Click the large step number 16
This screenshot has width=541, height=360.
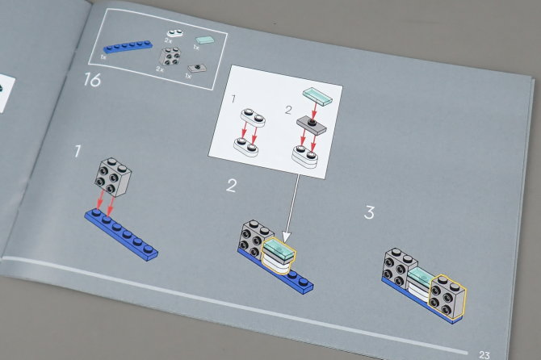[92, 80]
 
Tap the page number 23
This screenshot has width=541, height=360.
[484, 355]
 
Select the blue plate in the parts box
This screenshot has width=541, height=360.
[128, 47]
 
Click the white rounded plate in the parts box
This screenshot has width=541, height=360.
[175, 33]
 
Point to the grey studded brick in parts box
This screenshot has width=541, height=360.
[170, 57]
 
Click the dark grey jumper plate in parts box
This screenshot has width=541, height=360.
[197, 68]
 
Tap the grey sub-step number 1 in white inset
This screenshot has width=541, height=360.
[233, 99]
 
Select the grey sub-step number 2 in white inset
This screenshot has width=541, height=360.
[288, 110]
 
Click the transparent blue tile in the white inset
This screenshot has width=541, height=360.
[317, 95]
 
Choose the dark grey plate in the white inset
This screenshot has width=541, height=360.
[312, 125]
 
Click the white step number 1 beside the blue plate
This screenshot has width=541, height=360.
[78, 152]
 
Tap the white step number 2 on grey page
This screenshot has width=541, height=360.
[232, 186]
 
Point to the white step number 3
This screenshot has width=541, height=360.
[370, 212]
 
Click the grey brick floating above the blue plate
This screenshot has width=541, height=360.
[113, 177]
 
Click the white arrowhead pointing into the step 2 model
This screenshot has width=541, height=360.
[287, 237]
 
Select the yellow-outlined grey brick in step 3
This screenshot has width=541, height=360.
[447, 296]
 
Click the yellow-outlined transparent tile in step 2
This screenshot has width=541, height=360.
[279, 249]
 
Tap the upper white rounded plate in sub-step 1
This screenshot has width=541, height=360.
[253, 118]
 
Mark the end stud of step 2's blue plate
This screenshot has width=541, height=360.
[304, 282]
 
